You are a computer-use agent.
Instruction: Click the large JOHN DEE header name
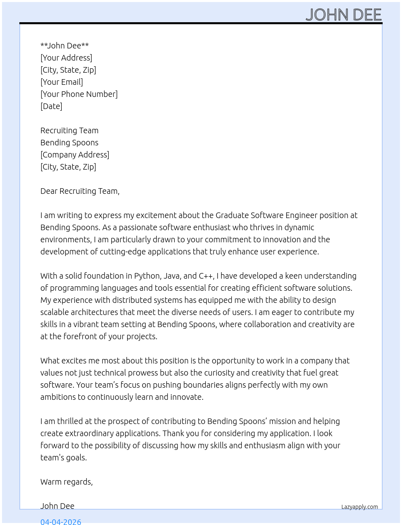pyautogui.click(x=343, y=15)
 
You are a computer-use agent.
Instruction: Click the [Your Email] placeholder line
pyautogui.click(x=62, y=82)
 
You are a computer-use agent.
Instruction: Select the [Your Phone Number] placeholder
pyautogui.click(x=79, y=94)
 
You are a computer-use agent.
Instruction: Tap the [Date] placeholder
pyautogui.click(x=51, y=106)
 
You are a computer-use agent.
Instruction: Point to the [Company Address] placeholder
pyautogui.click(x=75, y=155)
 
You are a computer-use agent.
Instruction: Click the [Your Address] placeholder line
pyautogui.click(x=66, y=58)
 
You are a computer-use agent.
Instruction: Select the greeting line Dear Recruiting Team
pyautogui.click(x=80, y=191)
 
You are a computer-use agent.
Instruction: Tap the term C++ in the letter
pyautogui.click(x=206, y=276)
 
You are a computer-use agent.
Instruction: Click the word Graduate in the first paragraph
pyautogui.click(x=232, y=215)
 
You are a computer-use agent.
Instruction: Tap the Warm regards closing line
pyautogui.click(x=67, y=482)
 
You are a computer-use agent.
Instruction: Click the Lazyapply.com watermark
pyautogui.click(x=360, y=507)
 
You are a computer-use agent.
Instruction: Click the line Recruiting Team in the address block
pyautogui.click(x=69, y=130)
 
